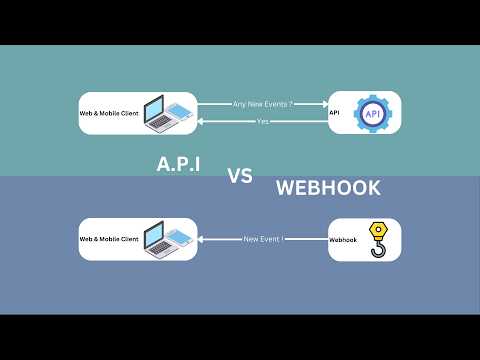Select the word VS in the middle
pyautogui.click(x=239, y=176)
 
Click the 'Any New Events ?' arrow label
pyautogui.click(x=262, y=102)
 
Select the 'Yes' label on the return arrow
pyautogui.click(x=263, y=121)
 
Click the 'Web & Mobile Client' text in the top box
pyautogui.click(x=109, y=113)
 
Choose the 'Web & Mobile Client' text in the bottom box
pyautogui.click(x=109, y=239)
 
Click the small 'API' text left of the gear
pyautogui.click(x=335, y=113)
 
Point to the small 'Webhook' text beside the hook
pyautogui.click(x=342, y=240)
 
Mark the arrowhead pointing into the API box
pyautogui.click(x=323, y=102)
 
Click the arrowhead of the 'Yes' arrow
pyautogui.click(x=202, y=121)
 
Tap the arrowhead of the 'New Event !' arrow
pyautogui.click(x=202, y=239)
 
